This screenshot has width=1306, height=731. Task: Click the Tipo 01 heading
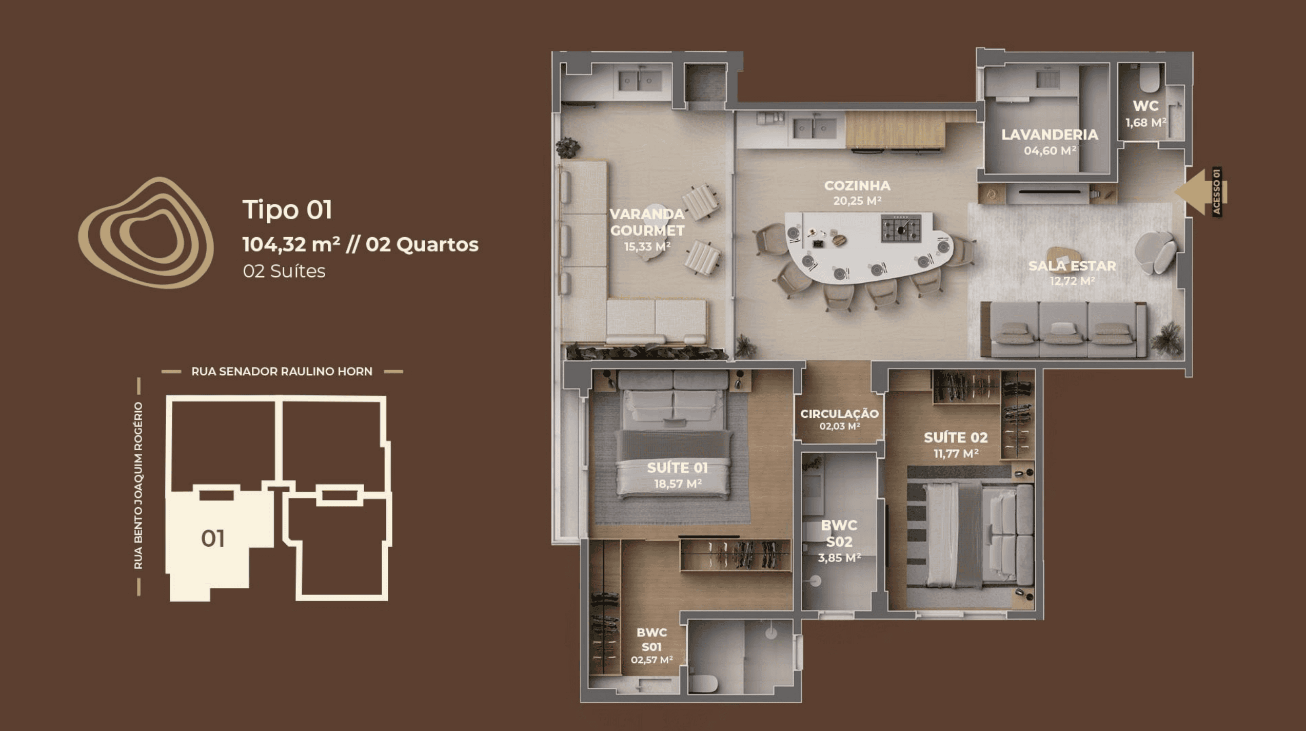[x=287, y=209]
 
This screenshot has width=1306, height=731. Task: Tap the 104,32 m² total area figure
[x=291, y=244]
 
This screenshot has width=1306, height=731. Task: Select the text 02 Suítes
[x=284, y=271]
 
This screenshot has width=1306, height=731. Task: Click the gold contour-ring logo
[x=146, y=233]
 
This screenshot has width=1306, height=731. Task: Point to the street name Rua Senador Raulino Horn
[x=282, y=371]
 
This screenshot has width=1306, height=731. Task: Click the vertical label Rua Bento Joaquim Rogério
[x=138, y=486]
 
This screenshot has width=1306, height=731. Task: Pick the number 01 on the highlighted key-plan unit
[x=212, y=538]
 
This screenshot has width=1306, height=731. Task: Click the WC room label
[x=1145, y=106]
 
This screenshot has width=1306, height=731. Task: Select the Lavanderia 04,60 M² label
[x=1050, y=142]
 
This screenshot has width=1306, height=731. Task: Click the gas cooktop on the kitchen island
[x=901, y=228]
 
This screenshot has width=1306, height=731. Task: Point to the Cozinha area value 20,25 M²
[x=857, y=201]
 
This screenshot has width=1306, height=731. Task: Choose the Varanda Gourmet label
[x=647, y=222]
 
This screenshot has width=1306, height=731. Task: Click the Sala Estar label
[x=1072, y=266]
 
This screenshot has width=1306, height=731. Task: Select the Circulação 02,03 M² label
[x=839, y=419]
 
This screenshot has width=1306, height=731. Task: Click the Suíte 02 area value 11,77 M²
[x=956, y=453]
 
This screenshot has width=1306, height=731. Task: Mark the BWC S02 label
[x=839, y=533]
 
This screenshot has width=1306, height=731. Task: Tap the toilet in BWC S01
[x=702, y=683]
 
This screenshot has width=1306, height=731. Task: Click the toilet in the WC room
[x=1149, y=77]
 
